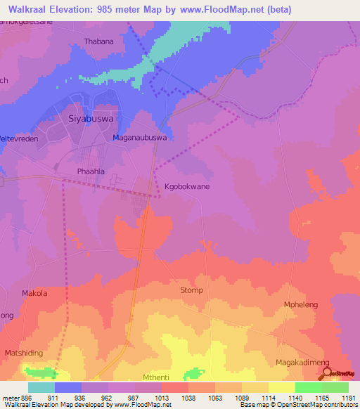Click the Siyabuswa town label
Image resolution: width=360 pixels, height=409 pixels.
pos(92,119)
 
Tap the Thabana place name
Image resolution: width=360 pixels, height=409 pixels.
pos(98,41)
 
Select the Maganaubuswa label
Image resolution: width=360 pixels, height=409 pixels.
pos(140,138)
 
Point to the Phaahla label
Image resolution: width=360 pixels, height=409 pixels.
pos(90,171)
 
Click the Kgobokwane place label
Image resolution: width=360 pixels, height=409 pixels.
pos(186,187)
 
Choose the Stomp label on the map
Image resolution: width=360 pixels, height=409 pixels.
pos(191,290)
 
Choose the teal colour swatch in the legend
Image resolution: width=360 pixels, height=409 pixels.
pos(41,387)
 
